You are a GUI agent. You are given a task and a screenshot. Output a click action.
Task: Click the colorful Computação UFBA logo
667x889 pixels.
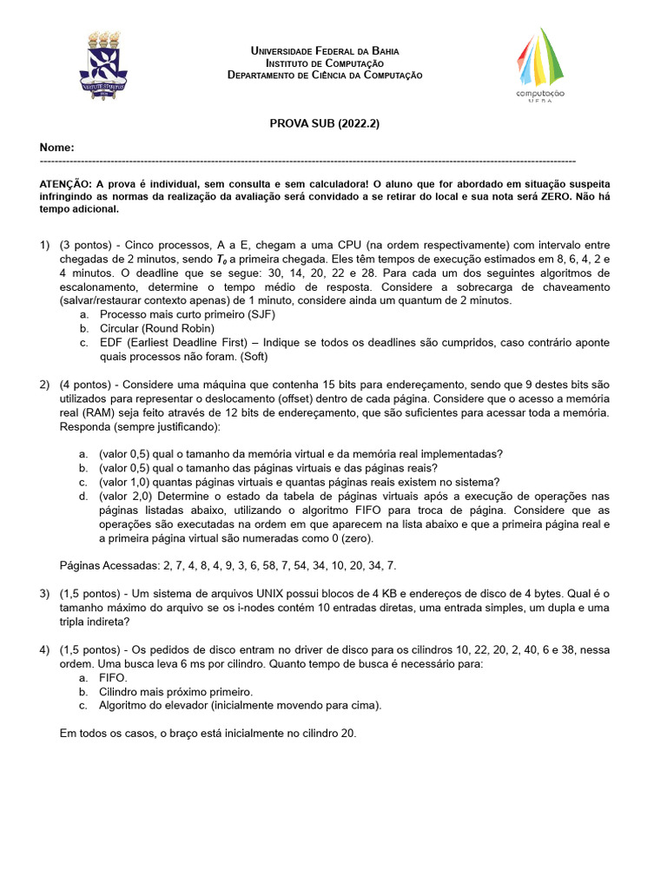point(540,66)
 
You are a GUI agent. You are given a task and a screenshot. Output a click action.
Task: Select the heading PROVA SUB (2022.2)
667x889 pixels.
point(325,124)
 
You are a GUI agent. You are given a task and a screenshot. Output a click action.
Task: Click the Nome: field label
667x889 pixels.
point(57,148)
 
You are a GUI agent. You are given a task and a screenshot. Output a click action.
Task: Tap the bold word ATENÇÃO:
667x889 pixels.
point(66,184)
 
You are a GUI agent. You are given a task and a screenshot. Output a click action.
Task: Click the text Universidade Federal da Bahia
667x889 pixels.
point(325,52)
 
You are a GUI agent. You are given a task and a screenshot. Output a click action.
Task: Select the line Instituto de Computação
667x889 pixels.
point(325,63)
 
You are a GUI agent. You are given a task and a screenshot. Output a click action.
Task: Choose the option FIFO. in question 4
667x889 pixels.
point(114,678)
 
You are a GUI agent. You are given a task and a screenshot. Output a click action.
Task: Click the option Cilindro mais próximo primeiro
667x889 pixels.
point(175,692)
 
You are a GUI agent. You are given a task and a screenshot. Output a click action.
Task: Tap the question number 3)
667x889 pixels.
point(44,594)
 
